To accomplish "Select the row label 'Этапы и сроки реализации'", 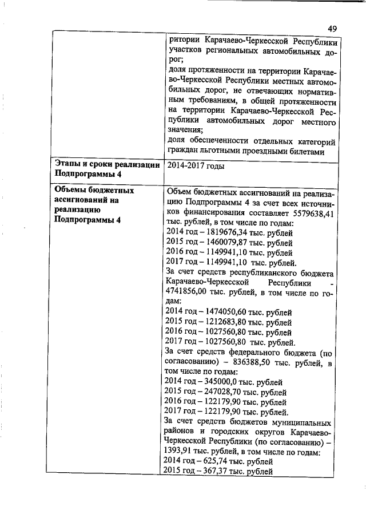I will [x=106, y=165].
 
